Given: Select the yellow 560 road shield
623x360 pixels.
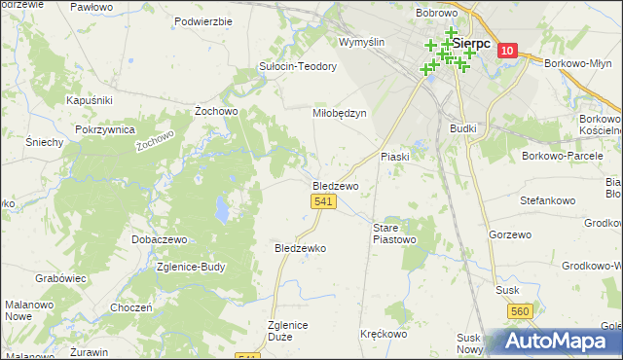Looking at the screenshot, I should click(x=519, y=310).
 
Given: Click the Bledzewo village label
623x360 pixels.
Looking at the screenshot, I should click(x=336, y=185).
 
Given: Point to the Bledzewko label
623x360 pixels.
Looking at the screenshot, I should click(x=301, y=248).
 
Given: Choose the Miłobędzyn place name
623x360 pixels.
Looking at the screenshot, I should click(x=339, y=113).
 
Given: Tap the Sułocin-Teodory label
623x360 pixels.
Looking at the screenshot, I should click(x=297, y=66).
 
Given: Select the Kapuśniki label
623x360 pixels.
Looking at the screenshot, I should click(x=90, y=100).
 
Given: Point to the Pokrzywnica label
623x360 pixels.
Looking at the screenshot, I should click(x=102, y=129).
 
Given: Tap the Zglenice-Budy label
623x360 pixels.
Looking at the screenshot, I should click(x=196, y=268).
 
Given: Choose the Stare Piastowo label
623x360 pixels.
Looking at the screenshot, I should click(x=395, y=233).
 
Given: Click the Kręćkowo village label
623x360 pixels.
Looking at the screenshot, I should click(x=384, y=334).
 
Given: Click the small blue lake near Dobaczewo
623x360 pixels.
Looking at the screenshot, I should click(x=223, y=208).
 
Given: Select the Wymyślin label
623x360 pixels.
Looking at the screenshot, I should click(x=362, y=42).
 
